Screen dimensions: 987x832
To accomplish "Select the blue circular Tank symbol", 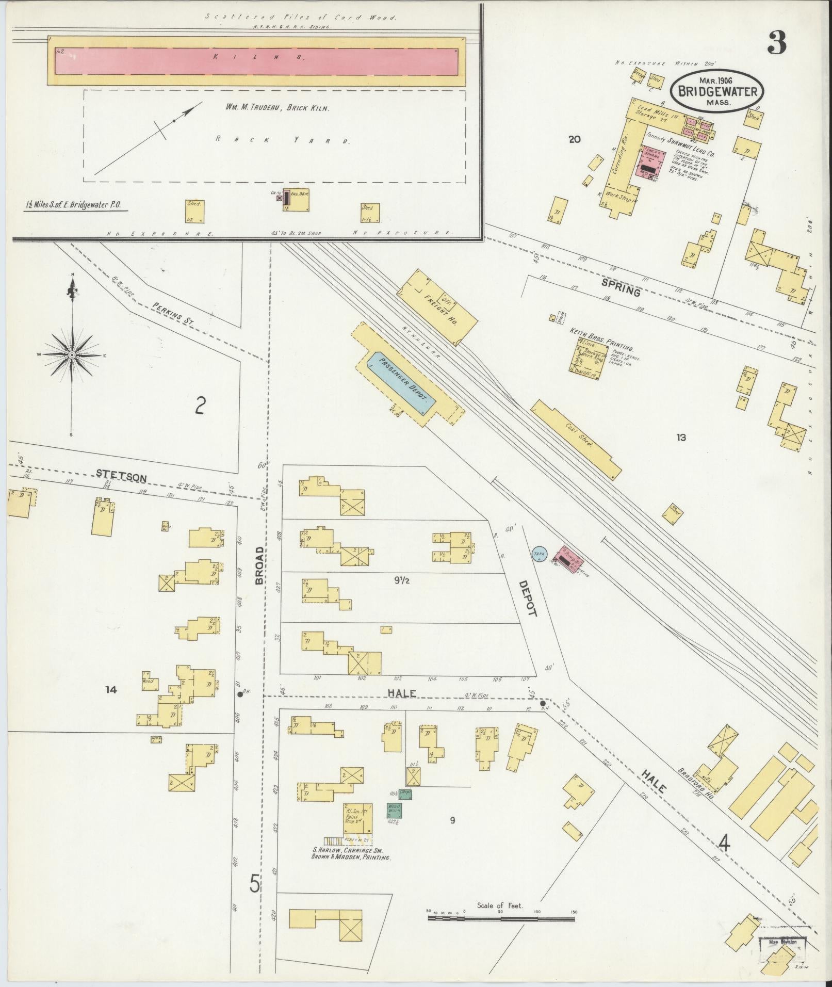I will [539, 554].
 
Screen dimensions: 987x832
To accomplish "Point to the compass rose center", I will [72, 355].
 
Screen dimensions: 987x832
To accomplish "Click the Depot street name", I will [528, 598].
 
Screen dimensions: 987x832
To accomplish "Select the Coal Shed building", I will [576, 440].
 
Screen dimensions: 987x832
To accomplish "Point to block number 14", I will [111, 689].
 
